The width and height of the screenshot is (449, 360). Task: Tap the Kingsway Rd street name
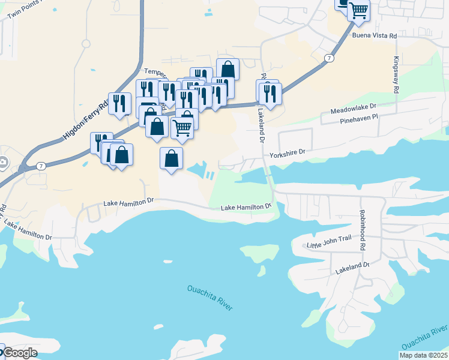396,74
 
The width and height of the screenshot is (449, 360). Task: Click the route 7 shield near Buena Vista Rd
328,58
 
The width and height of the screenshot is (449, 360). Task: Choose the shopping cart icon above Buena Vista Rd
358,10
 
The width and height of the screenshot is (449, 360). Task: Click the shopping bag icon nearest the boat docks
171,159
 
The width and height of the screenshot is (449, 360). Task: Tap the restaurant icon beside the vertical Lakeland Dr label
270,94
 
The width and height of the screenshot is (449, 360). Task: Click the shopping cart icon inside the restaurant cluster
182,127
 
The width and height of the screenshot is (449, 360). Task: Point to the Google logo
19,353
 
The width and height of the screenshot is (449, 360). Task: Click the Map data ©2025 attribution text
423,355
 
